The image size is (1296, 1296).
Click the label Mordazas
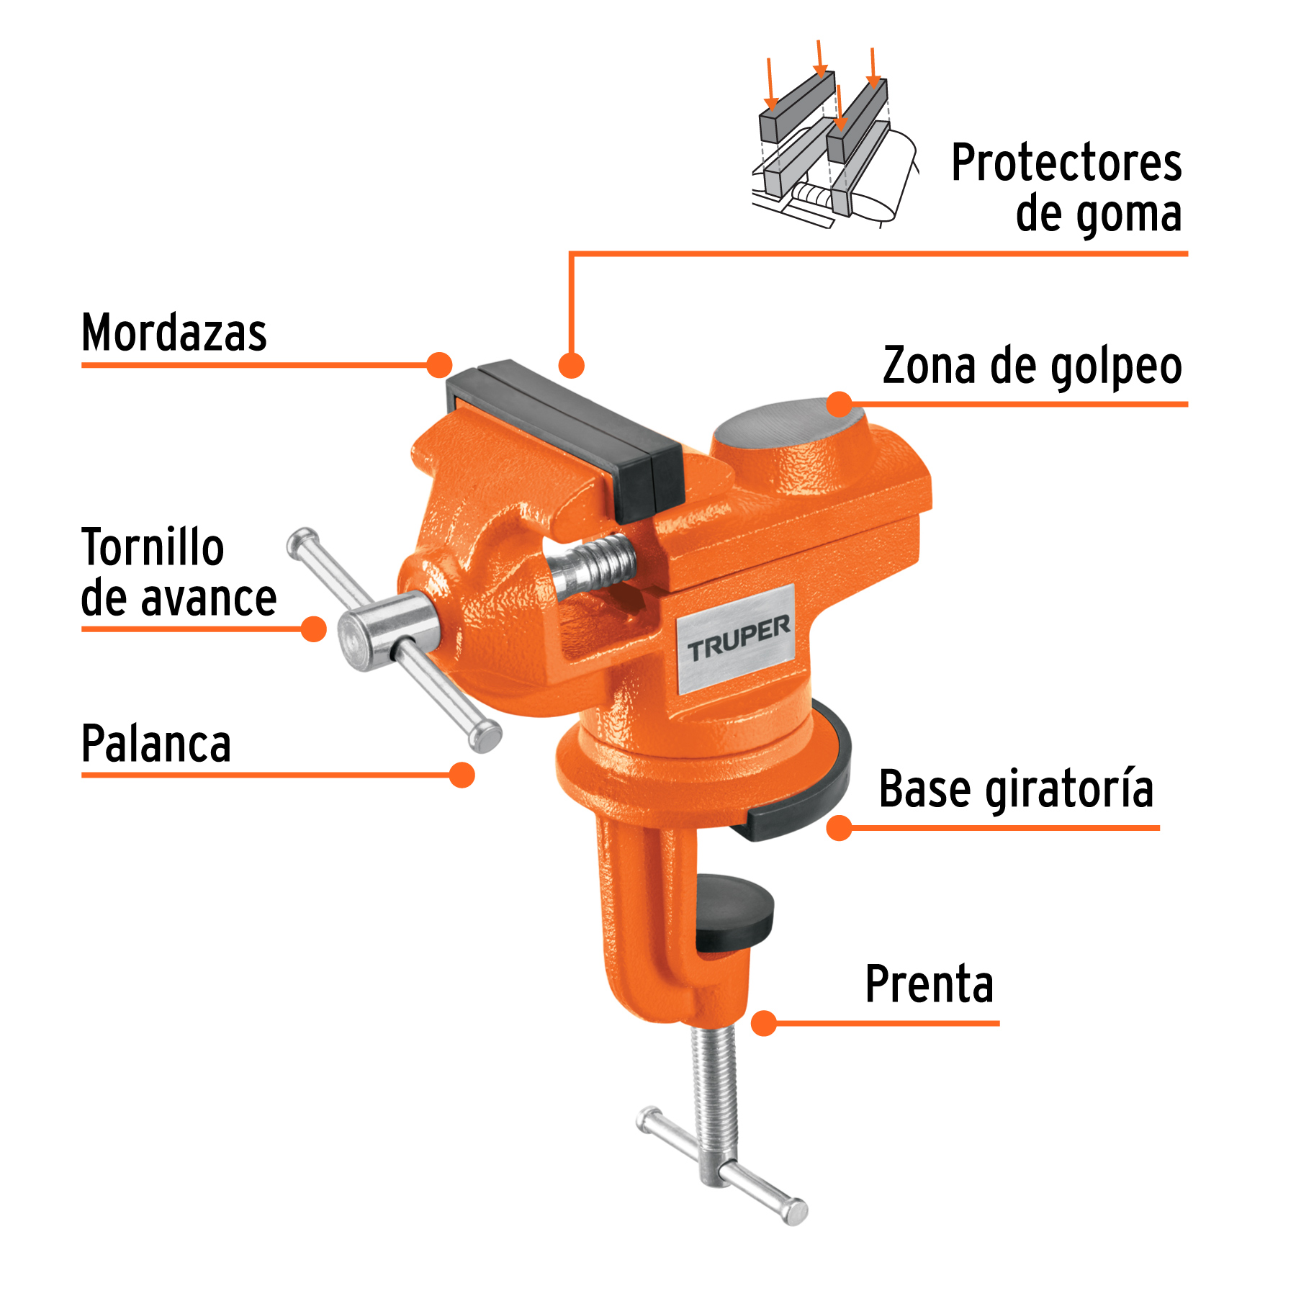pyautogui.click(x=174, y=333)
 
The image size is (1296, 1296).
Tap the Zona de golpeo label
pyautogui.click(x=1032, y=366)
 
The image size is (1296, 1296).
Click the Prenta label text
pyautogui.click(x=929, y=984)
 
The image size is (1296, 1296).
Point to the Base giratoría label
pyautogui.click(x=1015, y=790)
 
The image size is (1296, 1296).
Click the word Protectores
pyautogui.click(x=1066, y=163)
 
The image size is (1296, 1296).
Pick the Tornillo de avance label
pyautogui.click(x=178, y=573)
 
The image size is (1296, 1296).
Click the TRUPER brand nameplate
pyautogui.click(x=737, y=639)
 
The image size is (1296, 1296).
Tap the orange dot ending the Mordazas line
pyautogui.click(x=439, y=365)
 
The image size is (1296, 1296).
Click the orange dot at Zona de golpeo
pyautogui.click(x=840, y=404)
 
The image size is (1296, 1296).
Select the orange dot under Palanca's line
pyautogui.click(x=462, y=775)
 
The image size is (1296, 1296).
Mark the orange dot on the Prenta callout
pyautogui.click(x=763, y=1023)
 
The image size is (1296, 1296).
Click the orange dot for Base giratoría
pyautogui.click(x=840, y=828)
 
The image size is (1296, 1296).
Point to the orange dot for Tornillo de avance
pyautogui.click(x=313, y=629)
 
